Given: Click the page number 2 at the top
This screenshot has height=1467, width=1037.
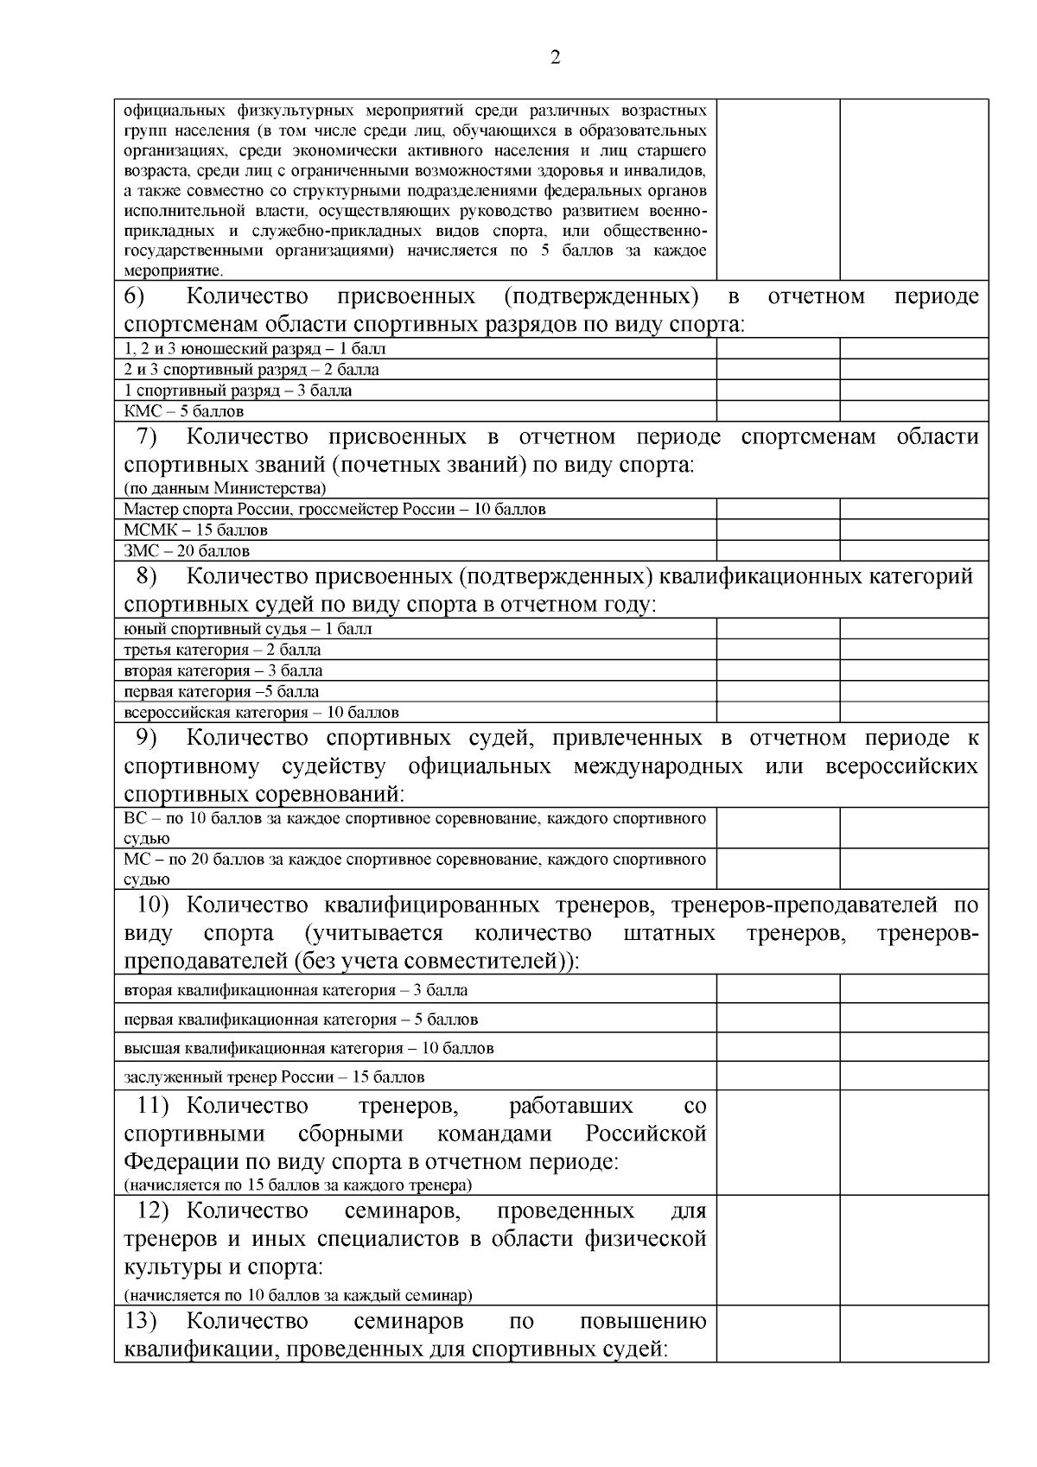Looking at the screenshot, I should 555,59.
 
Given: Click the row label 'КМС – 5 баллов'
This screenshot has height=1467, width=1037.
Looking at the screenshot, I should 183,411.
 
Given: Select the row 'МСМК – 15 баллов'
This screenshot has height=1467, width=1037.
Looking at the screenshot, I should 195,530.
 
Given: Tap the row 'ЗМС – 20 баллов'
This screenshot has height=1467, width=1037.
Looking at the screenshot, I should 187,550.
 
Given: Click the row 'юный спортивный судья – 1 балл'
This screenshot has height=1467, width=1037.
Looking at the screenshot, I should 248,629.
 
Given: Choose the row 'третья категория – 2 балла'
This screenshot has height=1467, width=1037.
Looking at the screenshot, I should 222,650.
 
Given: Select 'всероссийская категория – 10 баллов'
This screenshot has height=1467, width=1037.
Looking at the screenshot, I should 261,713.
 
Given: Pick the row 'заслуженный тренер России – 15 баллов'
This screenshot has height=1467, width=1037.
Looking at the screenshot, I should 274,1077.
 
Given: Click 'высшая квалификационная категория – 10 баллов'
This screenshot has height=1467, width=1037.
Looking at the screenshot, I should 309,1048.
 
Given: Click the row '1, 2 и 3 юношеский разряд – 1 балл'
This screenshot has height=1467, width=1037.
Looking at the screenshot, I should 255,349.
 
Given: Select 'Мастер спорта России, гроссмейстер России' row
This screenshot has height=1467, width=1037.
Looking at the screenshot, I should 334,509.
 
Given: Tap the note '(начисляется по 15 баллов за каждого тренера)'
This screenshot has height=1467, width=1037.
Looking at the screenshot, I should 297,1184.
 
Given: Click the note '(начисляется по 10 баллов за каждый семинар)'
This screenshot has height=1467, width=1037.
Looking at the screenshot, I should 298,1295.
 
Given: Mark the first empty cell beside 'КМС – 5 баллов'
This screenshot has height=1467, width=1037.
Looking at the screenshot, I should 778,411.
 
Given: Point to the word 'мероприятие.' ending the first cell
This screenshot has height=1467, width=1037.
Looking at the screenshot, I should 173,270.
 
